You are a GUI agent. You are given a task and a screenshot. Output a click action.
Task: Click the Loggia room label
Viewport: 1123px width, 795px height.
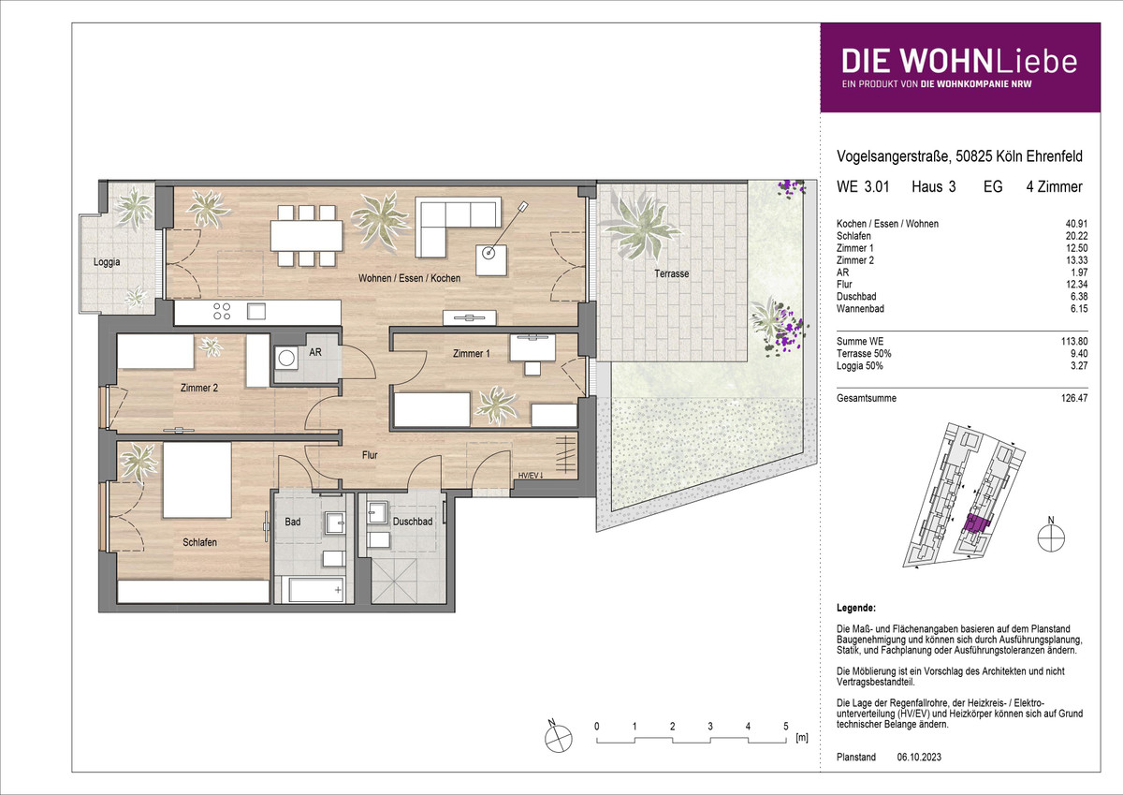point(107,262)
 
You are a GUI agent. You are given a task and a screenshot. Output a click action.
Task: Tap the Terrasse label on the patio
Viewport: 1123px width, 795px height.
point(671,273)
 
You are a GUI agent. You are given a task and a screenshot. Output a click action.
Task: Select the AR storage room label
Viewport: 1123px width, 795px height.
point(315,352)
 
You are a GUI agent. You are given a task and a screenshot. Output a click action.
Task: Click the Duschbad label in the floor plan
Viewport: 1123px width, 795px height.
point(412,522)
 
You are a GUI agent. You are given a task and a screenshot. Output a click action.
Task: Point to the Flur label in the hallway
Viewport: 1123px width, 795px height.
point(370,455)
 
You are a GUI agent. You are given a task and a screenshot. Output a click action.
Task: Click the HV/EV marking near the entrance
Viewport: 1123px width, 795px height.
point(531,475)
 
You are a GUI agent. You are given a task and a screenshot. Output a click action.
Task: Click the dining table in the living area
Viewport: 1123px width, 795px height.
point(307,236)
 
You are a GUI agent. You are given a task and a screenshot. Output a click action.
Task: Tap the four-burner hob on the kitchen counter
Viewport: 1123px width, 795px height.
point(222,311)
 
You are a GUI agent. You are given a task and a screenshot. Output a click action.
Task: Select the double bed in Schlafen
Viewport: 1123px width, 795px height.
point(197,479)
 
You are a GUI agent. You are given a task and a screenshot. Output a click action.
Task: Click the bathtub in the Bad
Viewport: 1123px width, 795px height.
point(316,589)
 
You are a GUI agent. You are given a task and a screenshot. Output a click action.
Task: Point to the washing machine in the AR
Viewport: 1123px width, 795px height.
point(286,358)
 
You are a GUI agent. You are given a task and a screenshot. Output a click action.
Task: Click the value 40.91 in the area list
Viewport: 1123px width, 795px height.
point(1076,224)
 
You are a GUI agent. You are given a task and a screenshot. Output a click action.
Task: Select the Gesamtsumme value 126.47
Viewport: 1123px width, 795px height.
point(1074,398)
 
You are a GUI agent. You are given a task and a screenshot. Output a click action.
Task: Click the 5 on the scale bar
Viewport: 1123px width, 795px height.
point(785,727)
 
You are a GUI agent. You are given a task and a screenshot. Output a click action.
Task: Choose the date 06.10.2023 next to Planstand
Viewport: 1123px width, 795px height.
point(919,758)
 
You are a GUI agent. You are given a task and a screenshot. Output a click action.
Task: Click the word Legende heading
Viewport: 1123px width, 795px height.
point(855,608)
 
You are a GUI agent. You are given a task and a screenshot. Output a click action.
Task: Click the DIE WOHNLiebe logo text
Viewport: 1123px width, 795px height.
point(959,61)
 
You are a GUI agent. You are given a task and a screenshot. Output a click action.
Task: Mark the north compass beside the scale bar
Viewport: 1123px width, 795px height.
point(558,738)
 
